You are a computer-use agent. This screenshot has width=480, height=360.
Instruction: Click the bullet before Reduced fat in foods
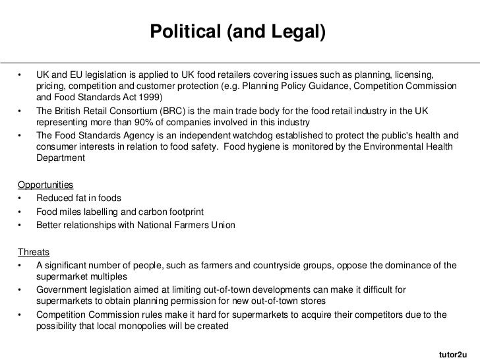21,200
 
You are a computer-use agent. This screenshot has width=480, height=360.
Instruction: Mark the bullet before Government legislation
21,289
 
